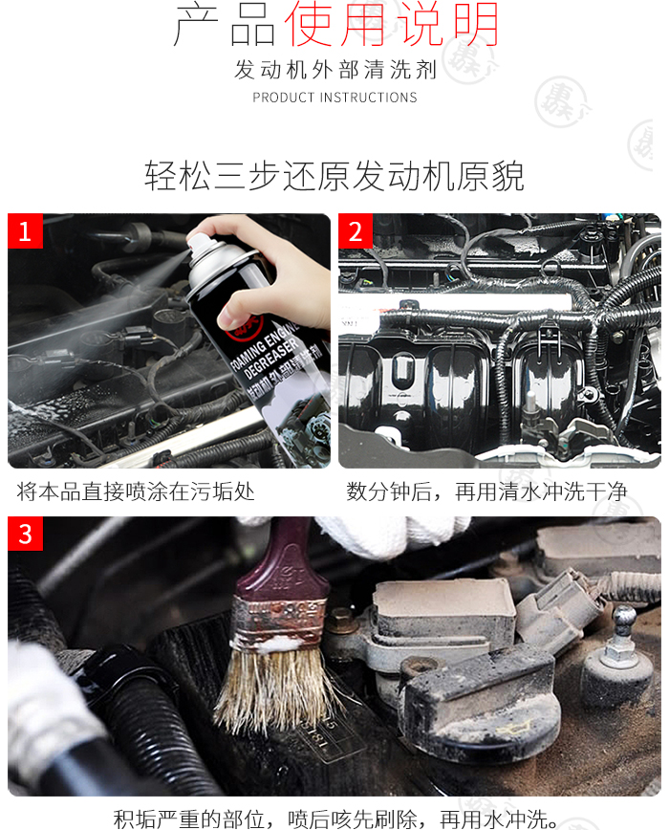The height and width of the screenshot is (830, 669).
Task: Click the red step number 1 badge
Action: [x=25, y=230]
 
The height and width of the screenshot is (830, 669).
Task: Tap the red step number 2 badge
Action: [x=356, y=230]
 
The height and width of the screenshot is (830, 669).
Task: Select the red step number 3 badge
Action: [x=25, y=534]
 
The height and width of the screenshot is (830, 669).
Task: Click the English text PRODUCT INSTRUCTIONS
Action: [x=334, y=98]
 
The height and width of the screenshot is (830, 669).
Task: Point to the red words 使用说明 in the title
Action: [x=391, y=24]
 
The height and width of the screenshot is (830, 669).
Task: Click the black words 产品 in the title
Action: [x=225, y=26]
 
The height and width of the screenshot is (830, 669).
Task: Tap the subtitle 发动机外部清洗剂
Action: [x=335, y=70]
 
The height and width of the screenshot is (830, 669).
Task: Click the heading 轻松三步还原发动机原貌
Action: [x=334, y=176]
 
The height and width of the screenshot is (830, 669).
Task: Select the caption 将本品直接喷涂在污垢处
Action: [x=136, y=491]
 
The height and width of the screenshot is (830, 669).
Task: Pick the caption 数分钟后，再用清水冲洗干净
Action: [x=486, y=491]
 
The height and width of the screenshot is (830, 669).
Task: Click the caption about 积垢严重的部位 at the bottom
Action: [x=335, y=819]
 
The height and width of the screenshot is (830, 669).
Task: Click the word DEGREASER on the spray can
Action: [x=271, y=358]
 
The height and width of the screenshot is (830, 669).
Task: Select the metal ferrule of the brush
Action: [x=279, y=622]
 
